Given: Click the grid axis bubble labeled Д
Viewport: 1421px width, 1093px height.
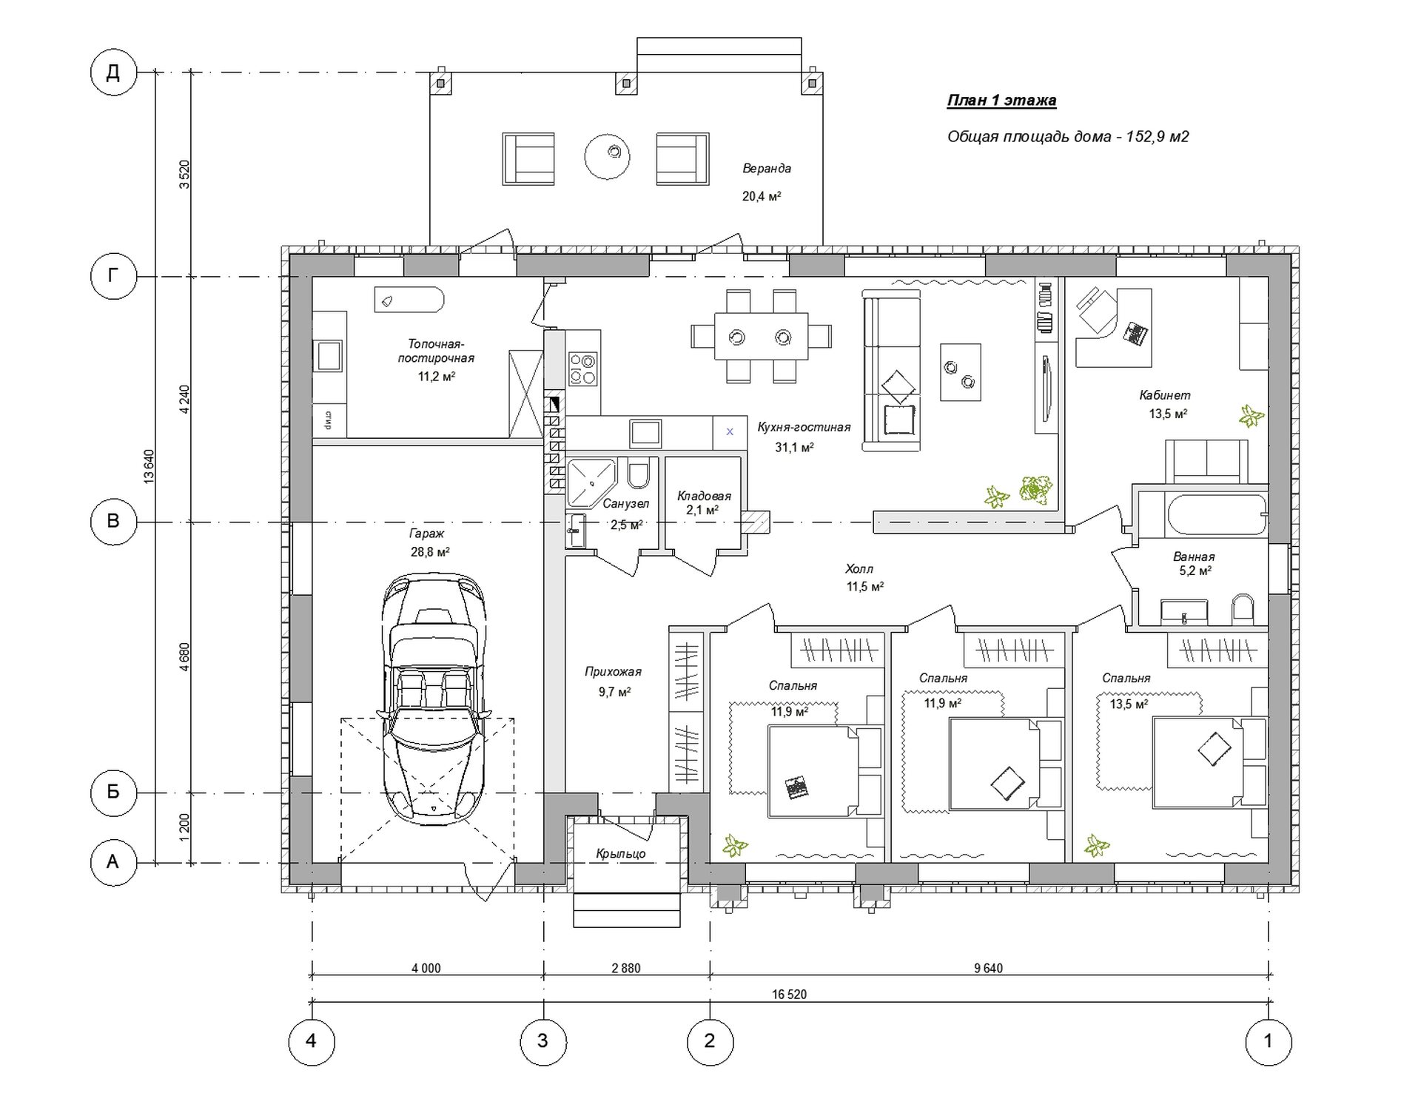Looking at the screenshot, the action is click(113, 73).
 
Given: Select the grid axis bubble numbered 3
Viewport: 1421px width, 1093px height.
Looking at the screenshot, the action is click(542, 1041).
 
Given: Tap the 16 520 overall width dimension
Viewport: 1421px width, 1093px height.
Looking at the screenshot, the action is click(789, 995).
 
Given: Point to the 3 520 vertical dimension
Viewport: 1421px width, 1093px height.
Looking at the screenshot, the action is click(185, 174).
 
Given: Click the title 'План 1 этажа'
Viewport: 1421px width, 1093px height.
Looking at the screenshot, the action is click(1001, 101).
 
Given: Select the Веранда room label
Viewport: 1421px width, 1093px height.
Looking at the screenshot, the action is click(767, 169).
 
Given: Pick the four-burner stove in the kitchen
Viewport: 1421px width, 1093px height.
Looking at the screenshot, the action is click(582, 369).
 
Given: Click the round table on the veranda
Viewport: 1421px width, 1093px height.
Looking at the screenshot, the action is click(607, 156).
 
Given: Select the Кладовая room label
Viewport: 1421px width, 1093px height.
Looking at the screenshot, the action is click(704, 496).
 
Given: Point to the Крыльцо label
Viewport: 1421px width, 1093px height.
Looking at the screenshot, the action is click(621, 854).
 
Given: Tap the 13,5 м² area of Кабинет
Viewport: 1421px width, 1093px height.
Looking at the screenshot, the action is click(1168, 414).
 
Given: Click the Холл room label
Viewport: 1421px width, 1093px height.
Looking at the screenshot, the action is click(859, 569).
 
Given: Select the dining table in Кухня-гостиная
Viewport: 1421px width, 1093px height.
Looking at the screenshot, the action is click(761, 337).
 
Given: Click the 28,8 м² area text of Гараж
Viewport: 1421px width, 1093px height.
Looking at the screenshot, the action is click(430, 552).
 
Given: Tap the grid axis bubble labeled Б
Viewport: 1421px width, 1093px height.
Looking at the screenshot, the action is click(113, 793).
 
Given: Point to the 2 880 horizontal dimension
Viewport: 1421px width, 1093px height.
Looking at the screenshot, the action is click(626, 968).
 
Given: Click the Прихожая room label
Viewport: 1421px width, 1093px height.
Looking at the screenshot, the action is click(613, 672).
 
